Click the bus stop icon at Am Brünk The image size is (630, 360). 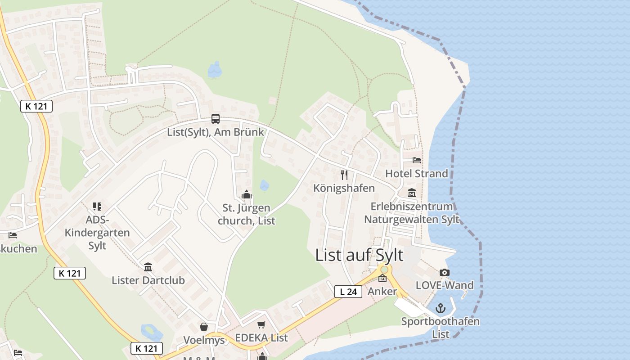click(216, 119)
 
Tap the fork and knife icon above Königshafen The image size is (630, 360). click(344, 175)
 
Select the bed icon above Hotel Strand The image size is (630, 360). click(417, 160)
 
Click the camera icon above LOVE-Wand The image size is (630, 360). click(444, 272)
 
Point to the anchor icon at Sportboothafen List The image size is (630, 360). click(441, 308)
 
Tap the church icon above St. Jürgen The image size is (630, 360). click(246, 195)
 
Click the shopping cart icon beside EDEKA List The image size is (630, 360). click(261, 324)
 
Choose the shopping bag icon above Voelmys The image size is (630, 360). click(204, 326)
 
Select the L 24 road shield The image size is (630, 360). click(348, 292)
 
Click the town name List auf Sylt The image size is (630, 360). click(359, 255)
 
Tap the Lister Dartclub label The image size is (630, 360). click(148, 280)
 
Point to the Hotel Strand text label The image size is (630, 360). click(417, 174)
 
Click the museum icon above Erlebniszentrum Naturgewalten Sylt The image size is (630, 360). click(412, 193)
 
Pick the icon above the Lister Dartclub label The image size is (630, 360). click(148, 267)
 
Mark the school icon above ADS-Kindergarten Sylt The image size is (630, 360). click(97, 207)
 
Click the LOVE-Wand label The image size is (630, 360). click(445, 285)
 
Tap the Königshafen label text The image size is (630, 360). click(344, 188)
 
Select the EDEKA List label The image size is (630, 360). click(261, 338)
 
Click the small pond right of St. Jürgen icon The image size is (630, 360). click(265, 185)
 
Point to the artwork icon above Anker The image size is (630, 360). click(382, 278)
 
